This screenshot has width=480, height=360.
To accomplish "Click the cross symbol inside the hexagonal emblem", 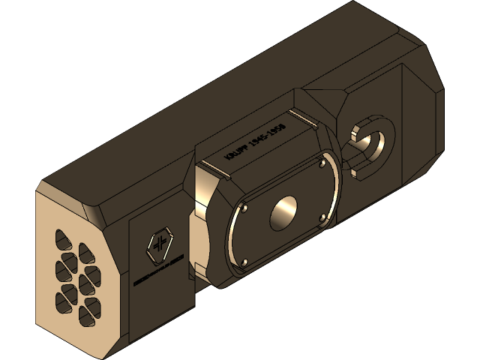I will [x=158, y=244].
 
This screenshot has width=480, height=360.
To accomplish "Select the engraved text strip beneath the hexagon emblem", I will [x=158, y=271].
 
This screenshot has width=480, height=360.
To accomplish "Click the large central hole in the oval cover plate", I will [x=285, y=214].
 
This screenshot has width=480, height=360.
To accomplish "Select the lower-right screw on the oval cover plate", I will [x=323, y=217].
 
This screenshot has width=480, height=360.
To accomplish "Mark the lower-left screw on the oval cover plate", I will [x=244, y=262].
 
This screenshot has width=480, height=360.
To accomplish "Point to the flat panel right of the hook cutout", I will [x=420, y=127].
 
